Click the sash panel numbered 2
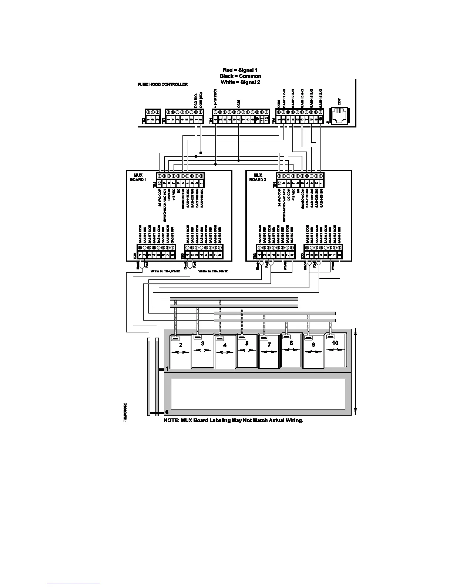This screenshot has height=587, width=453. coord(180,352)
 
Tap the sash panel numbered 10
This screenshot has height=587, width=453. coord(335,350)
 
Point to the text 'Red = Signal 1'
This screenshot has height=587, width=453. coord(240,70)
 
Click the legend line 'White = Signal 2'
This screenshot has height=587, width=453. coord(240,82)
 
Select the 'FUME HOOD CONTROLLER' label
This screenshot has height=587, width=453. coord(162,84)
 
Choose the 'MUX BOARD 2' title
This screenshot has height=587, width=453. coord(258,177)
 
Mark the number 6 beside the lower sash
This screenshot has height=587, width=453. coord(167,412)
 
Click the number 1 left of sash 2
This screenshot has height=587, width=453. coord(167,369)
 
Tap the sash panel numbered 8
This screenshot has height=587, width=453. coord(291,350)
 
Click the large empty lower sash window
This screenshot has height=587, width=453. coord(258,394)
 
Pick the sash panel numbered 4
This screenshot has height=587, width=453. coord(225,352)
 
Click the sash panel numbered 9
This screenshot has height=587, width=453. coord(313,352)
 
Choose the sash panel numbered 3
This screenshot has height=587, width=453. coord(202,351)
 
